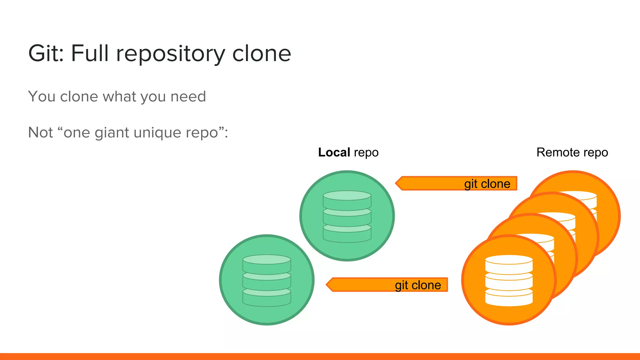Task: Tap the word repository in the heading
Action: pos(171,54)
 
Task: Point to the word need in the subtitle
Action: pos(188,96)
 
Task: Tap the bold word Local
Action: pos(334,152)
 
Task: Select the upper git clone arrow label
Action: pos(487,184)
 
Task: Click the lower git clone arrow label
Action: pos(417,285)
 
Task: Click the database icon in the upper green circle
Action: pos(347,217)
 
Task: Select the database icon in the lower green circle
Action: pos(267,280)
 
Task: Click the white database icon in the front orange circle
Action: pos(509,280)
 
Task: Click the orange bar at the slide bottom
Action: pos(320,356)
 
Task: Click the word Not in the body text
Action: pos(40,132)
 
